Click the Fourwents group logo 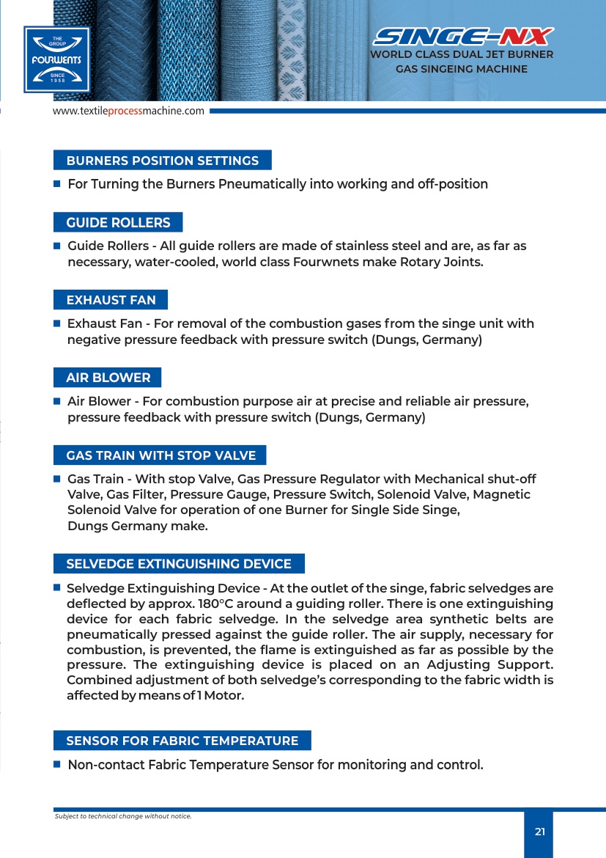56,59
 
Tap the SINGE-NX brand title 462,36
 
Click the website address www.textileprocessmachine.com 128,111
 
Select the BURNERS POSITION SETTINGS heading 162,161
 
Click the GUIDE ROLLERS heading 118,223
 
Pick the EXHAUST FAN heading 111,300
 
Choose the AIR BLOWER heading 108,378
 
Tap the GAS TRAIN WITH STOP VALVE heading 160,455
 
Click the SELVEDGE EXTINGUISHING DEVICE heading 179,564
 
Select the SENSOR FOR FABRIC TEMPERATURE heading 182,741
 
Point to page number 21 540,832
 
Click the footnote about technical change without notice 123,816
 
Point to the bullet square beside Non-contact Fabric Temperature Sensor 56,764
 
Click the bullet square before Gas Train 56,478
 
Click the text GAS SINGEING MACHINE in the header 462,69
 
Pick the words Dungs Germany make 138,526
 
